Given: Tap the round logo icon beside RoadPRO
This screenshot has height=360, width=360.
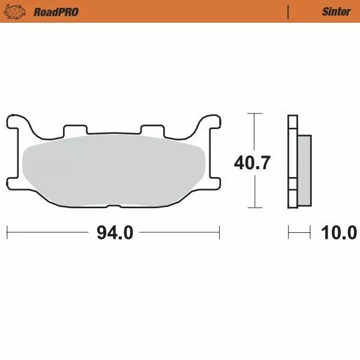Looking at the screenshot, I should pos(19,11).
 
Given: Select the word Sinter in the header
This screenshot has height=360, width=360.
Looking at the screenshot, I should pos(336,11).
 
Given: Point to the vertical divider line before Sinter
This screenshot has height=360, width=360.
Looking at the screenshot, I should pos(289,11).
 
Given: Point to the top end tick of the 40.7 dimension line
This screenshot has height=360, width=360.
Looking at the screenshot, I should pos(255,113).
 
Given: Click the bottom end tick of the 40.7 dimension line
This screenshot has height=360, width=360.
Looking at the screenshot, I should pos(255,208).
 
